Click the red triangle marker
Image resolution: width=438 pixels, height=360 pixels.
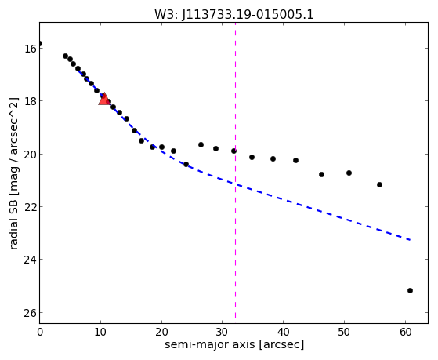[104, 99]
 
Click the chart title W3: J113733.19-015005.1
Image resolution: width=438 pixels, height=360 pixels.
[234, 14]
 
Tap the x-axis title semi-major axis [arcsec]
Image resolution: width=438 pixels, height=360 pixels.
[234, 344]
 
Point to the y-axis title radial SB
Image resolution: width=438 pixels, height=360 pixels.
[13, 225]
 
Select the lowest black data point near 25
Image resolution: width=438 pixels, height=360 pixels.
[410, 291]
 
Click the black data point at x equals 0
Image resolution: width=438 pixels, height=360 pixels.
[40, 43]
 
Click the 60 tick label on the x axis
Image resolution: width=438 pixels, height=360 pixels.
[405, 333]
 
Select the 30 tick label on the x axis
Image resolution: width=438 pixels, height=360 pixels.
[223, 333]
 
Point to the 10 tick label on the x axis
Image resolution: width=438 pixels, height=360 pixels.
[100, 333]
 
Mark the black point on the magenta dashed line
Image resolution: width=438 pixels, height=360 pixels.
[233, 151]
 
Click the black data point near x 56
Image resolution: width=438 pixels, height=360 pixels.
[379, 184]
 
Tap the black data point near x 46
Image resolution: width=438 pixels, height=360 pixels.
[321, 175]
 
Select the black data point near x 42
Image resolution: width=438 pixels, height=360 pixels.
[296, 161]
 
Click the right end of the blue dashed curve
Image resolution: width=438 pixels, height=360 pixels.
[411, 240]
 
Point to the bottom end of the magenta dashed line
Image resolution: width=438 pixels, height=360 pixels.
[236, 318]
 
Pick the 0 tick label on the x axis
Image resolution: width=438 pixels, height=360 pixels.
[40, 333]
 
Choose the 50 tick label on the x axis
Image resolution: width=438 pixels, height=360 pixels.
[344, 333]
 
